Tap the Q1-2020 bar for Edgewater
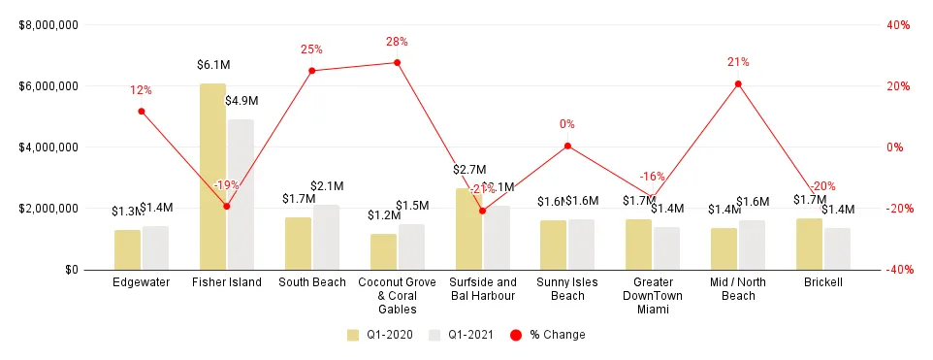coord(127,249)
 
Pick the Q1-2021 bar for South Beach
coord(326,237)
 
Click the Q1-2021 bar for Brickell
coord(837,248)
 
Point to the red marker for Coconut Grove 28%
coord(397,63)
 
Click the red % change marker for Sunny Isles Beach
coord(567,147)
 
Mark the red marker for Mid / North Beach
coord(738,84)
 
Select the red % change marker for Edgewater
coord(142,111)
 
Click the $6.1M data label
coord(213,66)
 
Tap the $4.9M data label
coord(241,101)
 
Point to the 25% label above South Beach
coord(311,49)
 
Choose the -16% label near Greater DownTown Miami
coord(653,177)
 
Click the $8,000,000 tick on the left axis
coord(48,25)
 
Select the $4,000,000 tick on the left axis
coord(48,147)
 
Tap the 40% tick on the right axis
coord(898,25)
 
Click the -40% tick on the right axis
coord(896,270)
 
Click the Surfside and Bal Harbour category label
coord(482,288)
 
